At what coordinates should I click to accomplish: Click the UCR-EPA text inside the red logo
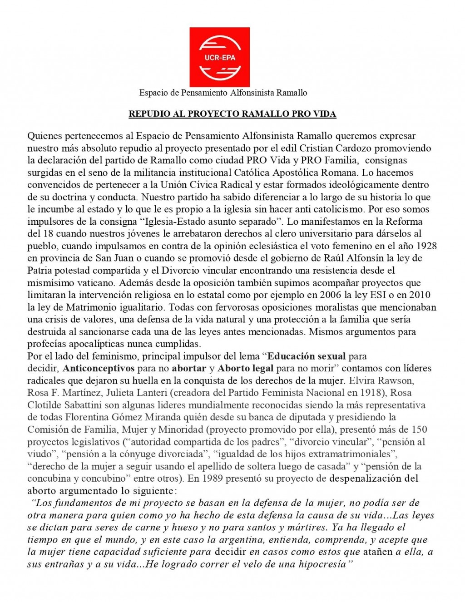[220, 58]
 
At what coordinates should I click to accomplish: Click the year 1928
[426, 246]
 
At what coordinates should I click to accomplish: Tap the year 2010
[420, 295]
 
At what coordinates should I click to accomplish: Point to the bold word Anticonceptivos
[99, 369]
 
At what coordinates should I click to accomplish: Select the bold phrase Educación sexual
[307, 356]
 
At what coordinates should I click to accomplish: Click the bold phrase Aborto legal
[246, 369]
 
